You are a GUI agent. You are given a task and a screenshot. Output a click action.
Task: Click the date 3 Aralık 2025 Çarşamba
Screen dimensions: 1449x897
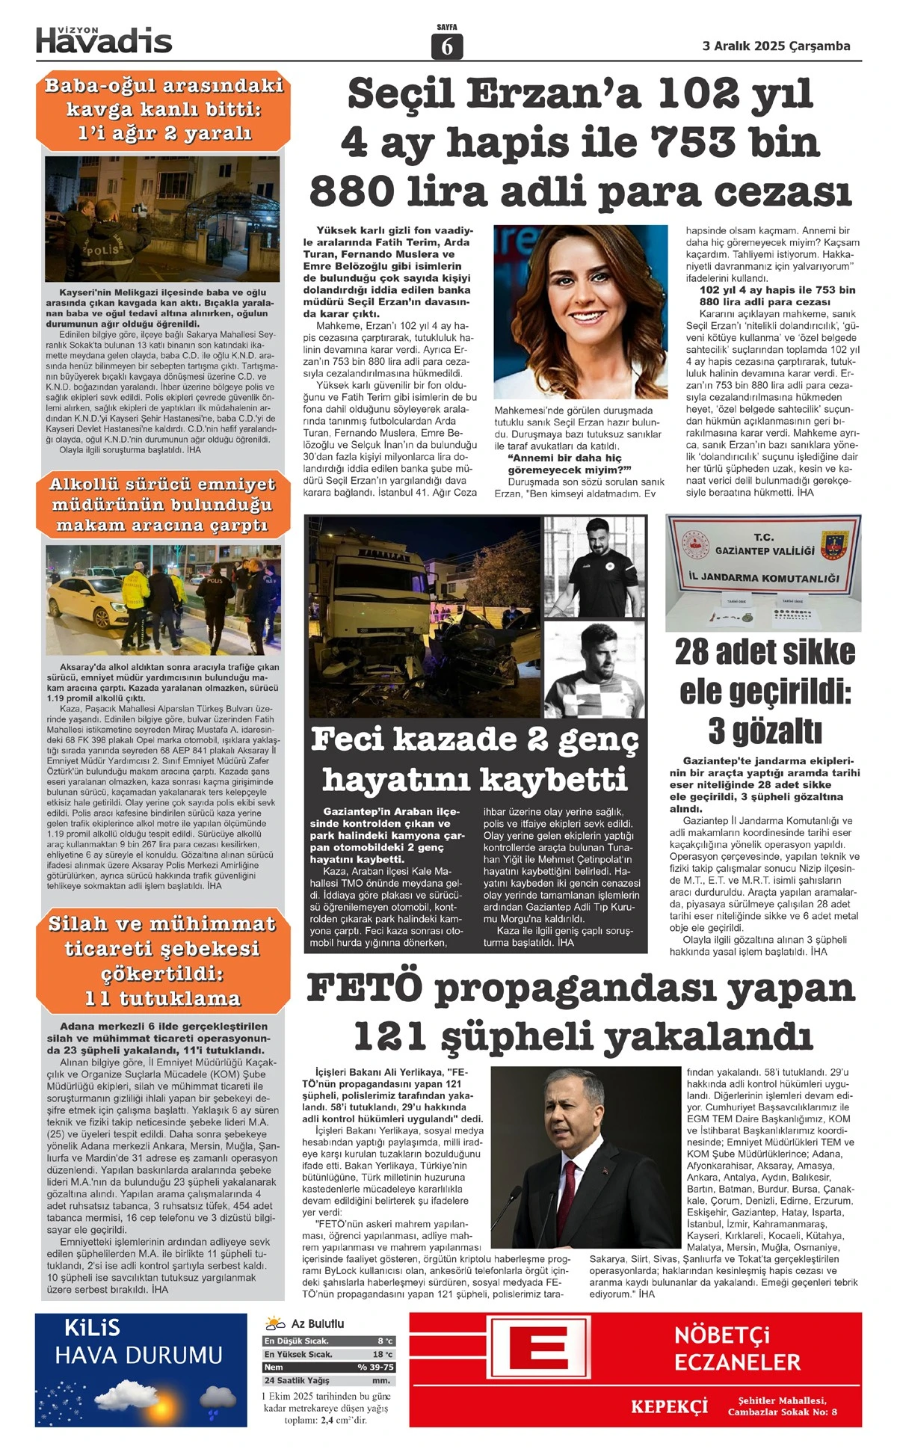(776, 46)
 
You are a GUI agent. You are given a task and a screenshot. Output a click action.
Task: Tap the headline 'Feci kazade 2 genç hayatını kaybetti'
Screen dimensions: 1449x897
(475, 759)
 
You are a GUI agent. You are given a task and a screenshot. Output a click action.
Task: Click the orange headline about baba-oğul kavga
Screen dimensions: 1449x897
(163, 109)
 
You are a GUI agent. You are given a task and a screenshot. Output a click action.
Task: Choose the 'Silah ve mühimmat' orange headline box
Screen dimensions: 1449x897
(162, 961)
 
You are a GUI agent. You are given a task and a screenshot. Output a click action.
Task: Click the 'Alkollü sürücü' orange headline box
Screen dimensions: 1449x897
(162, 505)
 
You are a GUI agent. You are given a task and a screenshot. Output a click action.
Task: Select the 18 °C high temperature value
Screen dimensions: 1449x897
(382, 1354)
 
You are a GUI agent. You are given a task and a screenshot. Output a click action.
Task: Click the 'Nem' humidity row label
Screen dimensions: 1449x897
(274, 1367)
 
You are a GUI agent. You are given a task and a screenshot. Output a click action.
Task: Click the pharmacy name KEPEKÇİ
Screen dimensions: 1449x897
(669, 1406)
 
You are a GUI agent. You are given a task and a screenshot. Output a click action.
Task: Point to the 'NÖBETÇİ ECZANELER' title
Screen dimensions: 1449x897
(736, 1347)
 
